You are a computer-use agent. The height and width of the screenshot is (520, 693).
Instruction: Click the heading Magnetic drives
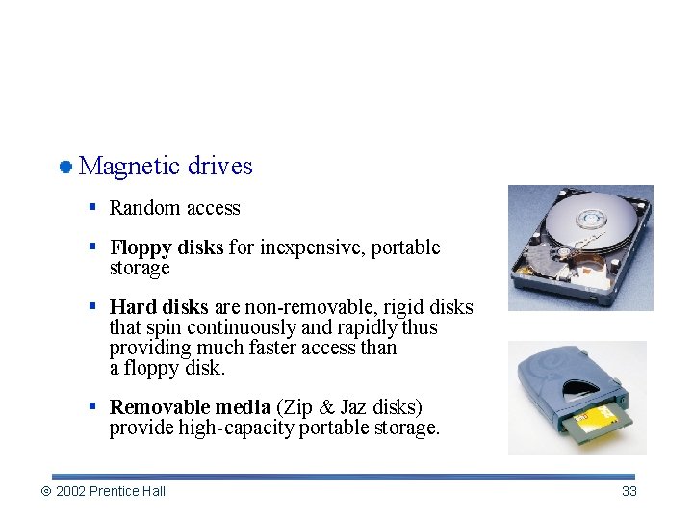point(166,166)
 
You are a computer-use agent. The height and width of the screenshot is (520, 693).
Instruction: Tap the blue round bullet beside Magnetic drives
point(65,168)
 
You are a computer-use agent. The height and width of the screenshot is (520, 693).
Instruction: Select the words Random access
point(174,208)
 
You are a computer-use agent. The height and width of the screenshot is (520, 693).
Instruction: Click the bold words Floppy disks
point(167,247)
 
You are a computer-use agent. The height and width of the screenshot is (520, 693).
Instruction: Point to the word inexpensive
point(312,247)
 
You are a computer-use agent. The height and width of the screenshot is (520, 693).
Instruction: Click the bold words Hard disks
point(159,307)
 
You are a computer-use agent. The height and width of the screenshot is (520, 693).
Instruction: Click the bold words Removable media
point(190,407)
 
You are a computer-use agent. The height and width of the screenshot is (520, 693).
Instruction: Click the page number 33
point(629,491)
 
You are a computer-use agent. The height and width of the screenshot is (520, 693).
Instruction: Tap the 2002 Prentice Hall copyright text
point(111,491)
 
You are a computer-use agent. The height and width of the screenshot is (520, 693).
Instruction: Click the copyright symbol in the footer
point(45,492)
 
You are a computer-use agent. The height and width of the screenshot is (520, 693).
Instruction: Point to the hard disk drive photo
point(580,247)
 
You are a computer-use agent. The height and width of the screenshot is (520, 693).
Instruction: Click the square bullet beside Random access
point(91,207)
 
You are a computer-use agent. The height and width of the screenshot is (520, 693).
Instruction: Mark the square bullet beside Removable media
point(91,406)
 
